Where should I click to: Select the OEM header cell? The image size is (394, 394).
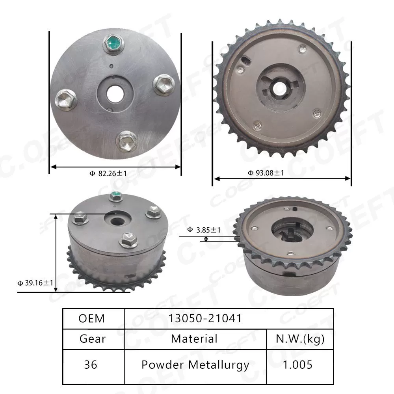tap(92, 318)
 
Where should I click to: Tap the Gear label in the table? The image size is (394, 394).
tap(93, 338)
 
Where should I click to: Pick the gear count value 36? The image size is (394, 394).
tap(91, 364)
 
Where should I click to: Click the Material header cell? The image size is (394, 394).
tap(194, 338)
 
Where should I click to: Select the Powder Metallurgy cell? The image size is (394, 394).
tap(195, 365)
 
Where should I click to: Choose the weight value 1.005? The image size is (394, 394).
tap(297, 364)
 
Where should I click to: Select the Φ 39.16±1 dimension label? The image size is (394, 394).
tap(35, 283)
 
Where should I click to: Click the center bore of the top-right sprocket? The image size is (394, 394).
tap(281, 87)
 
